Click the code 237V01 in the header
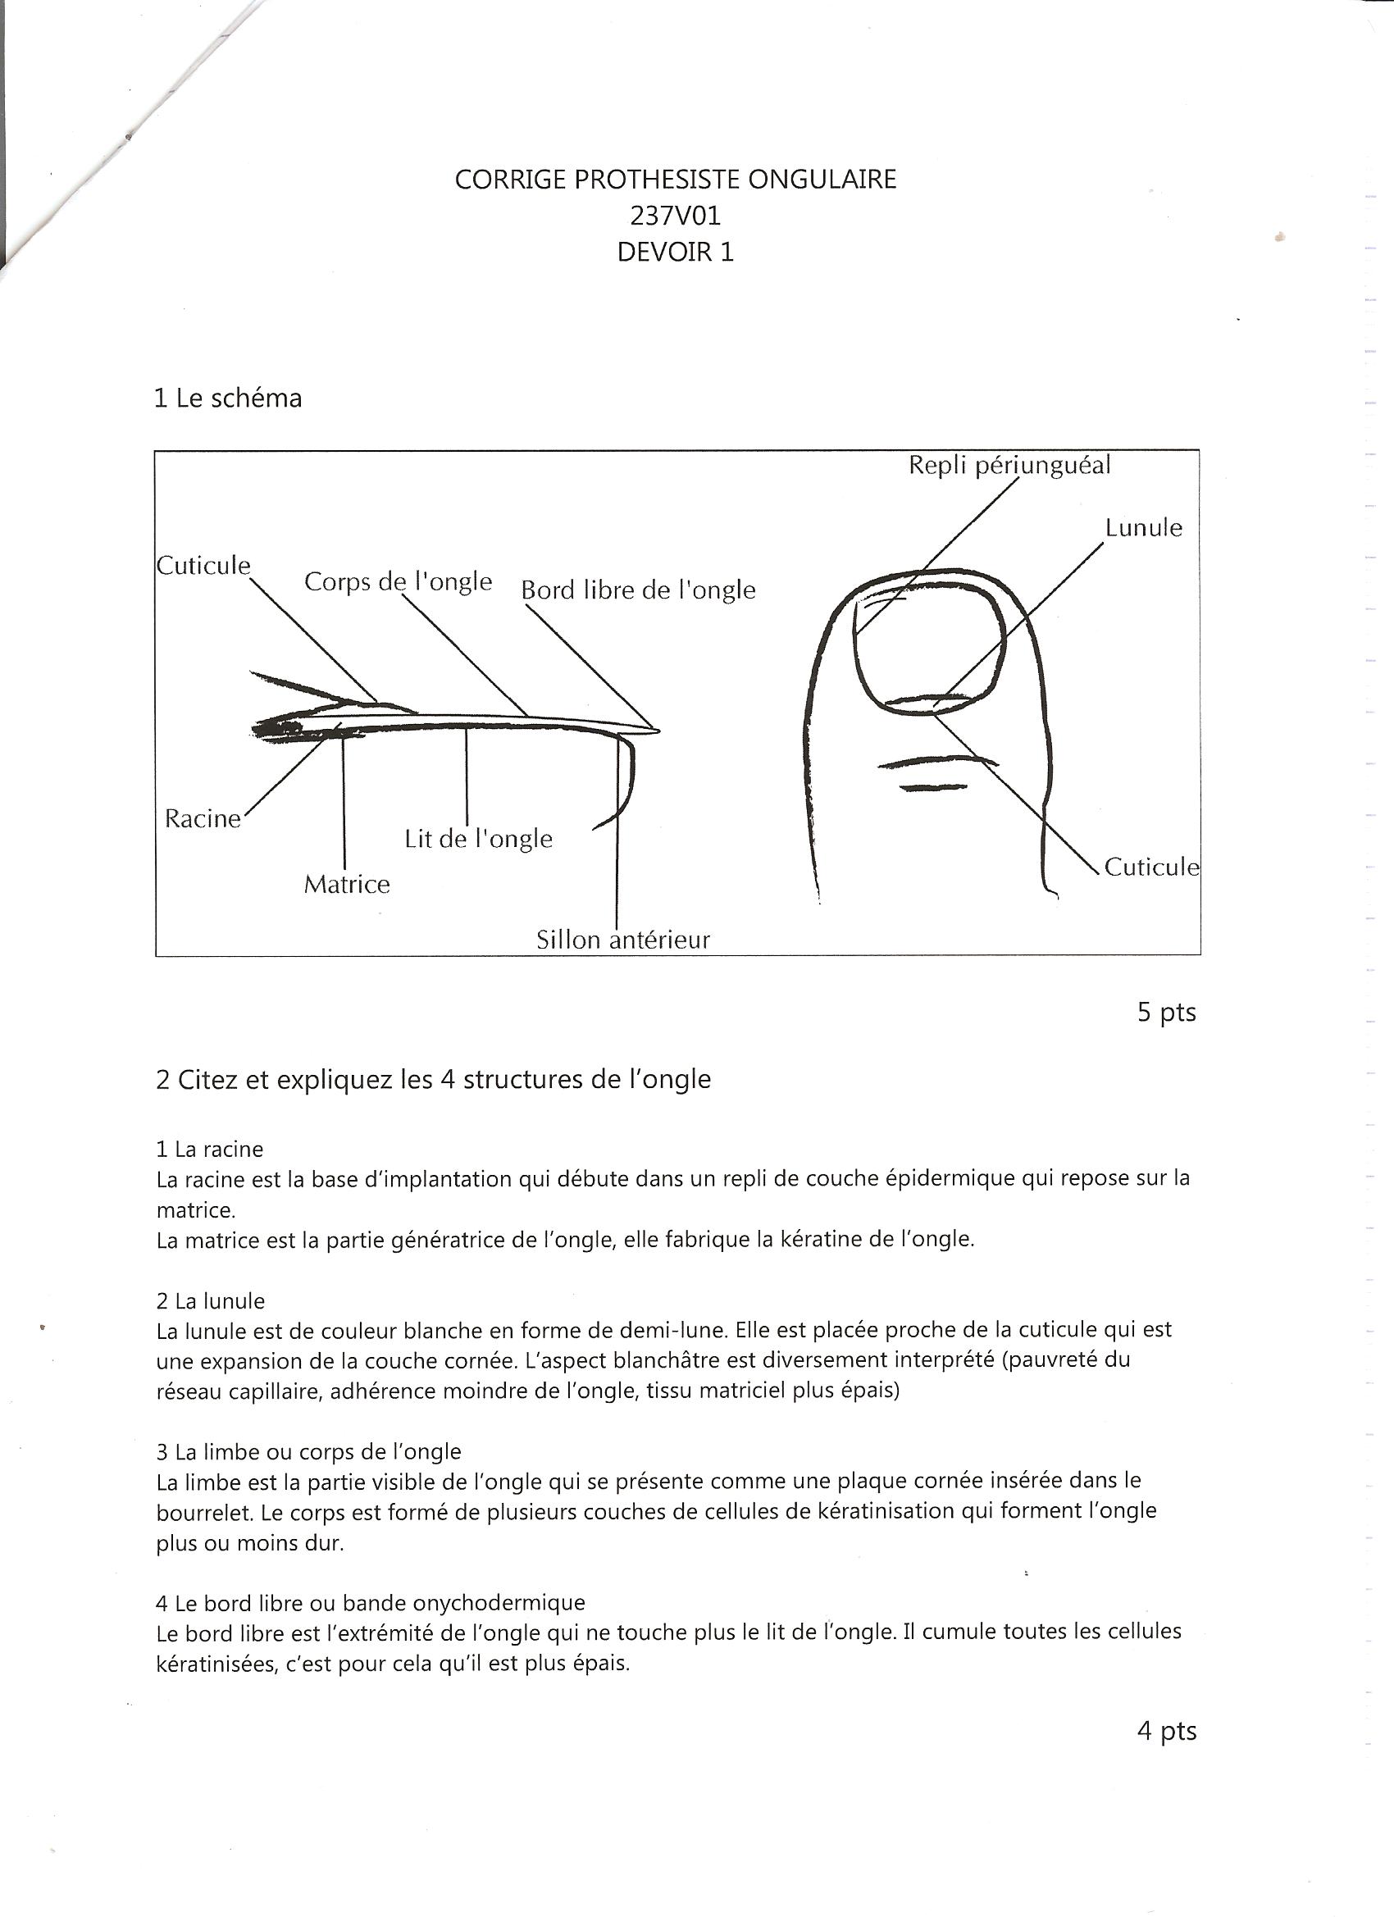point(675,216)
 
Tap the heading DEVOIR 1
point(675,252)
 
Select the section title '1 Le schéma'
point(227,398)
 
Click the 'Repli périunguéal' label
point(1009,465)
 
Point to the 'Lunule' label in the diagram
point(1143,527)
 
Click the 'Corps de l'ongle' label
point(399,581)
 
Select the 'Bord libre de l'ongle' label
point(638,590)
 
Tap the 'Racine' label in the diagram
point(203,818)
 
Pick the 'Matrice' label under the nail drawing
point(347,884)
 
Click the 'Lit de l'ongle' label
point(479,839)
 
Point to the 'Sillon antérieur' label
point(623,940)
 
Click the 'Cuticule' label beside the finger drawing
point(1151,867)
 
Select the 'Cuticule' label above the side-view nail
point(203,566)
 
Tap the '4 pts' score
point(1166,1731)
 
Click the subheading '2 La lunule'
point(211,1300)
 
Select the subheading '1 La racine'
point(210,1149)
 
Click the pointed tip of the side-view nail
point(657,731)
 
